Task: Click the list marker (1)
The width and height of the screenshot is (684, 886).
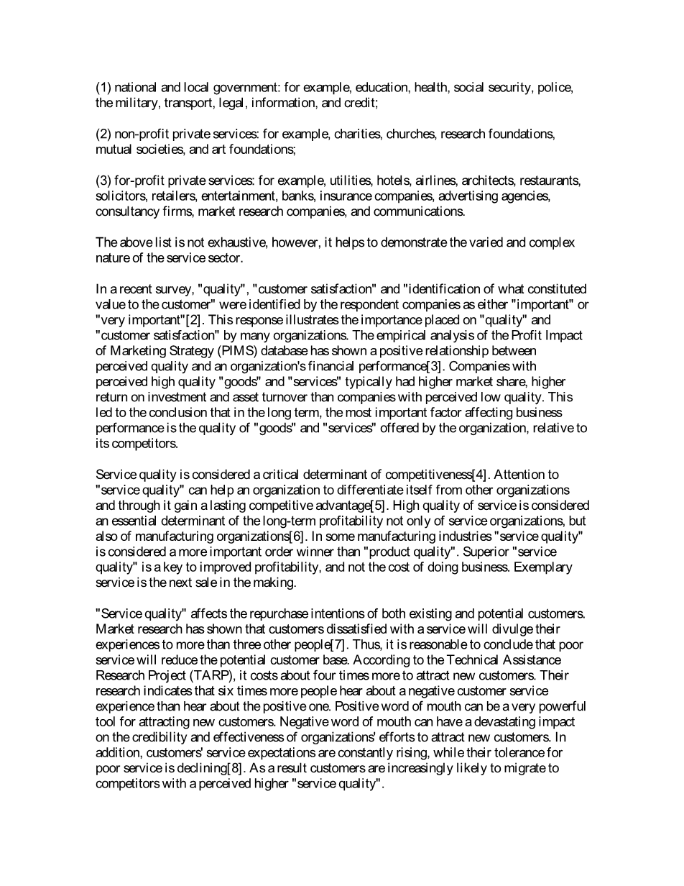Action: [103, 88]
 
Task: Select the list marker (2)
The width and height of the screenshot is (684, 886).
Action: [103, 134]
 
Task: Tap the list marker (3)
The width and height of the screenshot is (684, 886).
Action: [103, 181]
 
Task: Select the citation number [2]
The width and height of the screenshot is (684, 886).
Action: [193, 320]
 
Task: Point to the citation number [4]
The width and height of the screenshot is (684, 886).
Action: [479, 475]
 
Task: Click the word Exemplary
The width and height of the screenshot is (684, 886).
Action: [547, 567]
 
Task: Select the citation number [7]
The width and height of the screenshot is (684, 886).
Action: [336, 645]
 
